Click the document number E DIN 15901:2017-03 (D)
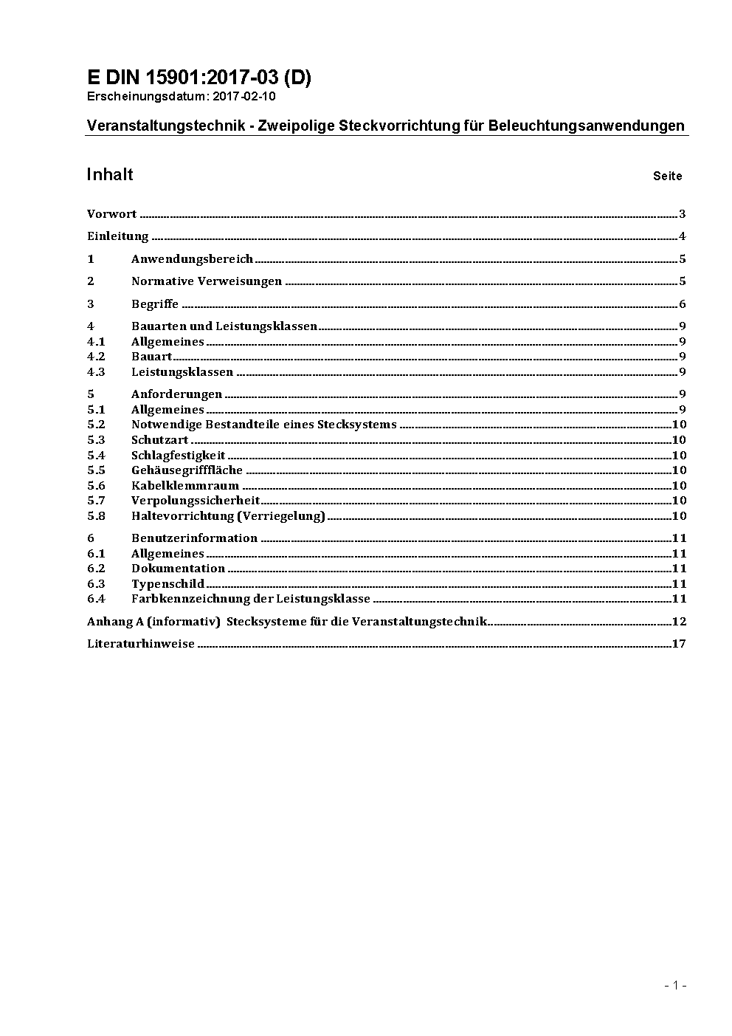pyautogui.click(x=198, y=78)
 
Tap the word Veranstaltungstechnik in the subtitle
pyautogui.click(x=165, y=126)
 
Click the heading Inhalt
pyautogui.click(x=109, y=174)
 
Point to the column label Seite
pyautogui.click(x=667, y=176)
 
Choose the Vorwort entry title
pyautogui.click(x=111, y=214)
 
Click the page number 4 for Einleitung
pyautogui.click(x=683, y=236)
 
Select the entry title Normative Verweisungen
pyautogui.click(x=207, y=281)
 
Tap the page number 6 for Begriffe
pyautogui.click(x=683, y=304)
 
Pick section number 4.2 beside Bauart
pyautogui.click(x=96, y=357)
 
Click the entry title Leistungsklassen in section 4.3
pyautogui.click(x=182, y=372)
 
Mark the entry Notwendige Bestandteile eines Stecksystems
pyautogui.click(x=264, y=425)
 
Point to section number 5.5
pyautogui.click(x=96, y=470)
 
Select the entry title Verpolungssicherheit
pyautogui.click(x=196, y=501)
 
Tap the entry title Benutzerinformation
pyautogui.click(x=194, y=538)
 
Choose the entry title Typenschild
pyautogui.click(x=168, y=584)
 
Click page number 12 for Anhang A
pyautogui.click(x=679, y=622)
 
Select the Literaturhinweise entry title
pyautogui.click(x=141, y=644)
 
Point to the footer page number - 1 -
pyautogui.click(x=675, y=985)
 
